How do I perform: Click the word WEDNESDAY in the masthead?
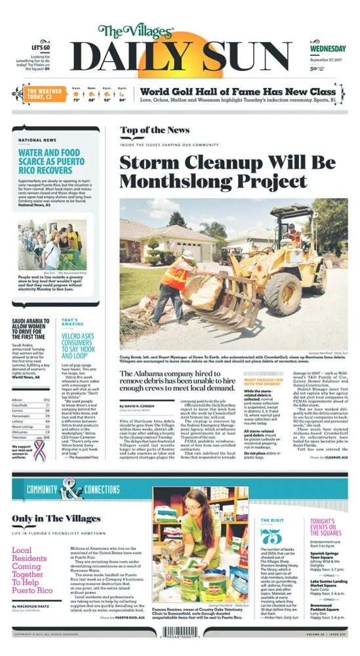(x=329, y=49)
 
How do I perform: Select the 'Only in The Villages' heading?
(x=56, y=518)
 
